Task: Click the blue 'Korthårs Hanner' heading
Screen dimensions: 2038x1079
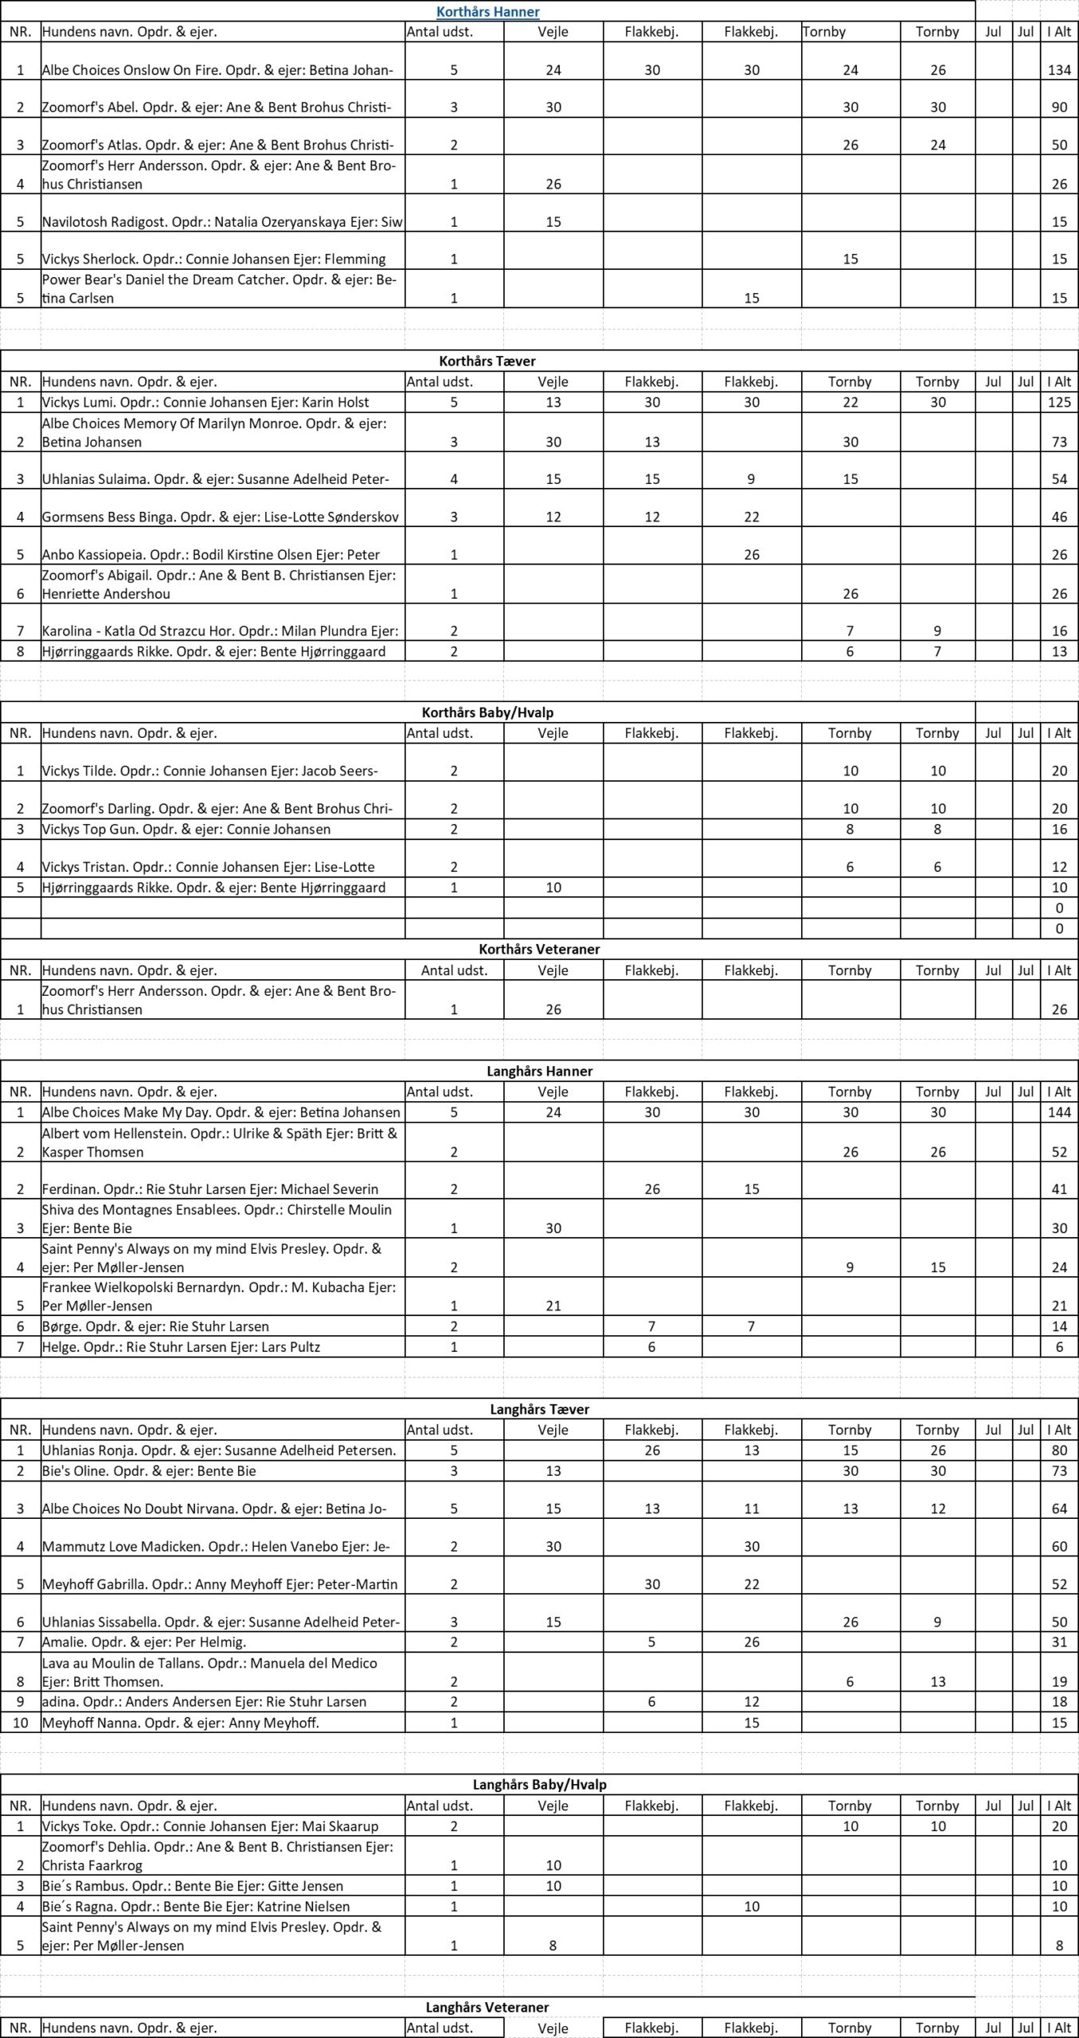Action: (487, 11)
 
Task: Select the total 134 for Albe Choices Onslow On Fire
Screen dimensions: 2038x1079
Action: (1059, 70)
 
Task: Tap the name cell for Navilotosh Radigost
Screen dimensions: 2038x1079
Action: (222, 222)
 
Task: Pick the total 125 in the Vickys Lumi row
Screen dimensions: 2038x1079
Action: (1059, 402)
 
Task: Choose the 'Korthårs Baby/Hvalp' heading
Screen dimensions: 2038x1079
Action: (487, 712)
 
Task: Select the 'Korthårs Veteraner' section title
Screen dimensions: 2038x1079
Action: (539, 949)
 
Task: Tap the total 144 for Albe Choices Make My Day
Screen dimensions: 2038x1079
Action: (1059, 1112)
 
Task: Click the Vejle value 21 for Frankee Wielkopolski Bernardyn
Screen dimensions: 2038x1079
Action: (553, 1306)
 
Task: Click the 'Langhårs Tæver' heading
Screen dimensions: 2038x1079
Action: (539, 1409)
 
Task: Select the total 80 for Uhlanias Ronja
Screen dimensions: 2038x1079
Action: (1059, 1450)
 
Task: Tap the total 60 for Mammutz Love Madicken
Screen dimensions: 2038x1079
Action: (1059, 1546)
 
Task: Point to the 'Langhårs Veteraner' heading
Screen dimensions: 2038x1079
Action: (487, 2007)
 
